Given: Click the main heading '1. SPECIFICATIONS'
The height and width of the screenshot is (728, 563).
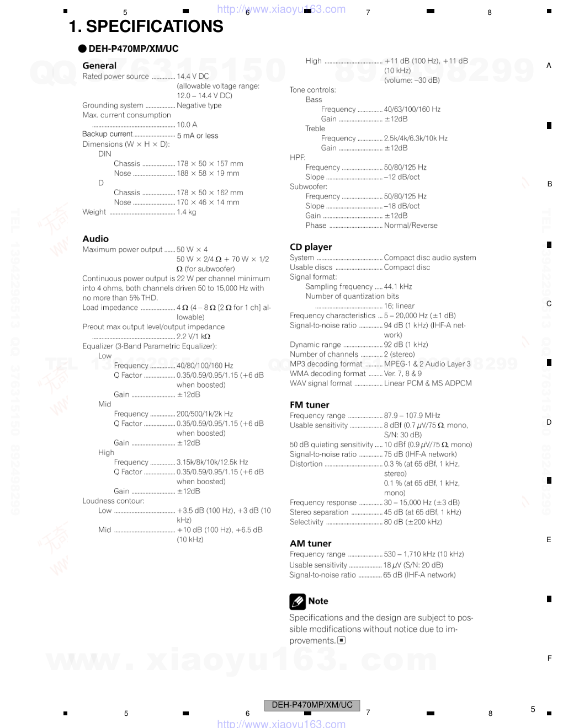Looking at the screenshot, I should coord(146,26).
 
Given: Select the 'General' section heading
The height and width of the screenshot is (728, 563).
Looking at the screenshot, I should coord(99,65).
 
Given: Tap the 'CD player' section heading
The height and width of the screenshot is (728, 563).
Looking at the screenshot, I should coord(311,247).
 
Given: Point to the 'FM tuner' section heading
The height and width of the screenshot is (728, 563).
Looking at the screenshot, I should coord(310,405).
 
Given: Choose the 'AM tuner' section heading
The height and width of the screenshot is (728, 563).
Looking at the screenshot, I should coord(311,543).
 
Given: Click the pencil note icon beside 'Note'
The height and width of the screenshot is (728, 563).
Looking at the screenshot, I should coord(298,601).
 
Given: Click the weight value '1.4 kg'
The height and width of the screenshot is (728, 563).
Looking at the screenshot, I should coord(187,212).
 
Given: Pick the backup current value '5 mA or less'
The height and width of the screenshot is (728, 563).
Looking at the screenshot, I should coord(198,135).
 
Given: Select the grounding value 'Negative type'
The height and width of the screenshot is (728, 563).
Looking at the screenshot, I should coord(199,105).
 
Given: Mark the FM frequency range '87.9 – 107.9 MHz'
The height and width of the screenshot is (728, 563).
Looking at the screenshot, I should coord(412,415).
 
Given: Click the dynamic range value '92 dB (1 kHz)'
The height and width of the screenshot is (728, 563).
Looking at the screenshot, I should coord(406,344).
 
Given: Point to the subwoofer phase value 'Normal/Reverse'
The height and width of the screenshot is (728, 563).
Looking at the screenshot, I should coord(411,225).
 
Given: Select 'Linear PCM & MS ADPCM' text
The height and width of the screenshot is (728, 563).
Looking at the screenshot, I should coord(428,383).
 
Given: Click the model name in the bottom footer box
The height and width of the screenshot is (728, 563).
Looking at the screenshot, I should coord(312,705).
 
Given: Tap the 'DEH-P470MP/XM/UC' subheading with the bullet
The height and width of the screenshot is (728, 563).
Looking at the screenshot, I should coord(133,49).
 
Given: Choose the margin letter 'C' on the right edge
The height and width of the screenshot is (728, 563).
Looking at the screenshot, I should coord(549,303).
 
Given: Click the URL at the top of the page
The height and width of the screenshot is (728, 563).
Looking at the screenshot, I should coord(281,9).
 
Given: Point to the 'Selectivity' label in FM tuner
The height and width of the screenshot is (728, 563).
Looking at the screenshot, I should coord(307,522).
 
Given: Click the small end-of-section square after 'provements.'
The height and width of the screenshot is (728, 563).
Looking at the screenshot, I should coord(342,640).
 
